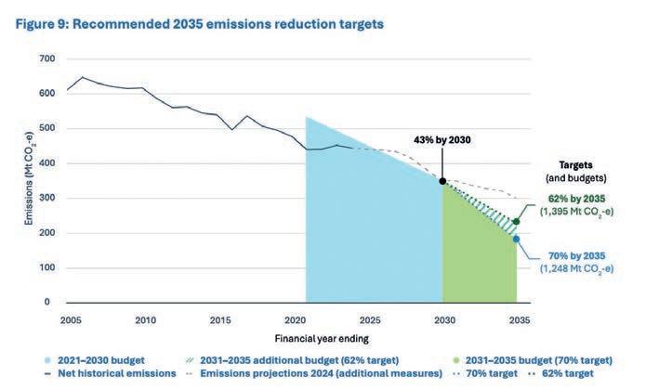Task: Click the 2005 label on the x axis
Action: click(70, 319)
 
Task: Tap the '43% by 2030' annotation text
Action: click(442, 139)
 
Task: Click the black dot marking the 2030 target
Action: click(442, 181)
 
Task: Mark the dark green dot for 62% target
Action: click(516, 222)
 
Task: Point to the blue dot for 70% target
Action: click(516, 239)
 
